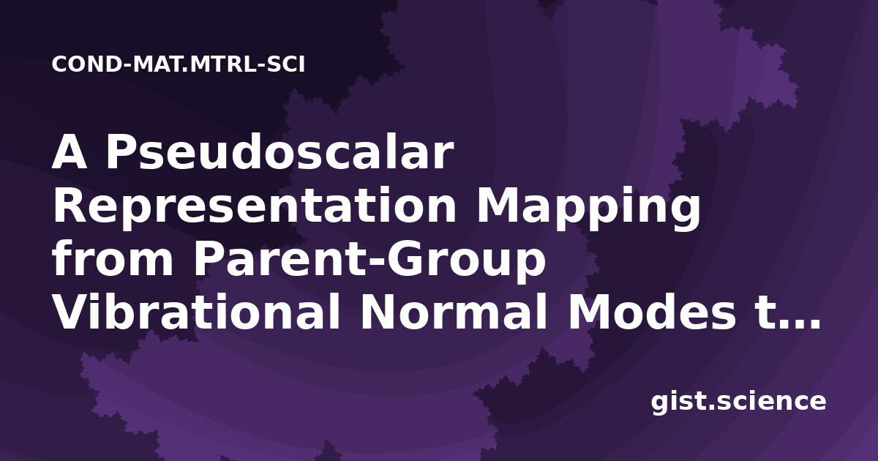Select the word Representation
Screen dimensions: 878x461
[255, 207]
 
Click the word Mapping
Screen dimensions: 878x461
[588, 207]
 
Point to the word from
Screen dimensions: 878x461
[113, 259]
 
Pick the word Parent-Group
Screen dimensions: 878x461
[369, 261]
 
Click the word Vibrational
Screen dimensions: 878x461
[196, 312]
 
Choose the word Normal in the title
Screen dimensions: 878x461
[454, 312]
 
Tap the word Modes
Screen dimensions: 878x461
[652, 312]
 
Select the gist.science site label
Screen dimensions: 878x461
[738, 402]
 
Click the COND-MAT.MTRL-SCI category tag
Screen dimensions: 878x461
[179, 64]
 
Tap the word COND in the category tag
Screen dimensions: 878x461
[86, 64]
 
